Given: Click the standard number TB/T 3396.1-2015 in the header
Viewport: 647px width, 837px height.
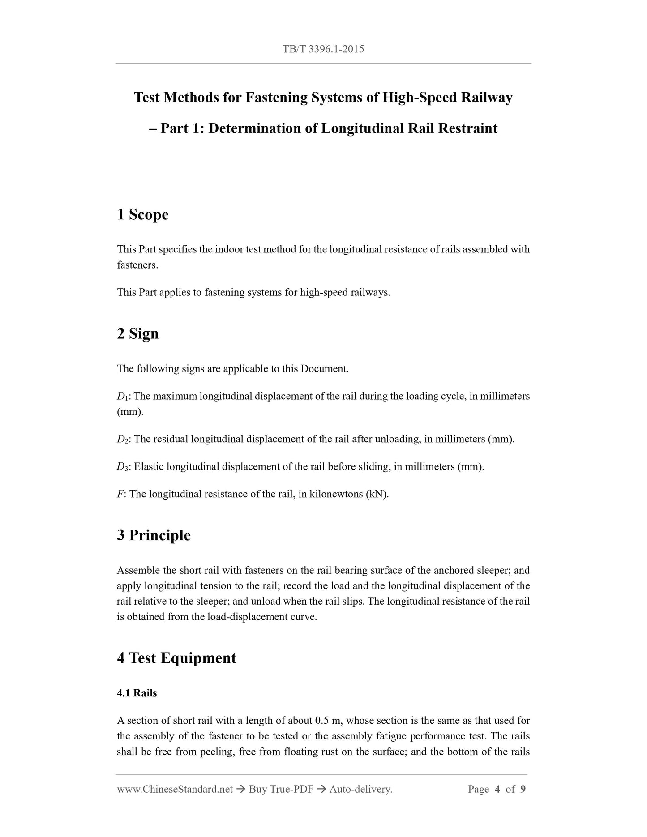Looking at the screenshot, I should pyautogui.click(x=323, y=49).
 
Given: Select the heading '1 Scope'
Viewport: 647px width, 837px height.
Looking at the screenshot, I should pyautogui.click(x=143, y=214).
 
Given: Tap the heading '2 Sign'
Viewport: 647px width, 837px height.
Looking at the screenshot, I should pyautogui.click(x=138, y=333).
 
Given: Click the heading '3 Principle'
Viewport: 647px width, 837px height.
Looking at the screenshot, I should pyautogui.click(x=154, y=535).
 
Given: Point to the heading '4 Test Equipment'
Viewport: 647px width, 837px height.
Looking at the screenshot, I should pyautogui.click(x=176, y=658).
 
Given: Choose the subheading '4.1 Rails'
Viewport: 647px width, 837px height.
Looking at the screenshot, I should pyautogui.click(x=137, y=693).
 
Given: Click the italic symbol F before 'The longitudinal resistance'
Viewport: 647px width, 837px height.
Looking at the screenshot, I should pyautogui.click(x=120, y=494).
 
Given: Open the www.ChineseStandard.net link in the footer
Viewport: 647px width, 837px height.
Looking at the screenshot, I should pyautogui.click(x=175, y=789).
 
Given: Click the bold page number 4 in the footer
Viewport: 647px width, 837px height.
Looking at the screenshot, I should pyautogui.click(x=497, y=789).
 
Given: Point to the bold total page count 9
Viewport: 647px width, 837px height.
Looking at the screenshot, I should pyautogui.click(x=523, y=789).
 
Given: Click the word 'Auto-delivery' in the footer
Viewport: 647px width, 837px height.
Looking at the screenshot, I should pyautogui.click(x=360, y=789).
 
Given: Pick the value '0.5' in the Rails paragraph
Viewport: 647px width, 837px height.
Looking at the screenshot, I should pyautogui.click(x=322, y=721).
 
